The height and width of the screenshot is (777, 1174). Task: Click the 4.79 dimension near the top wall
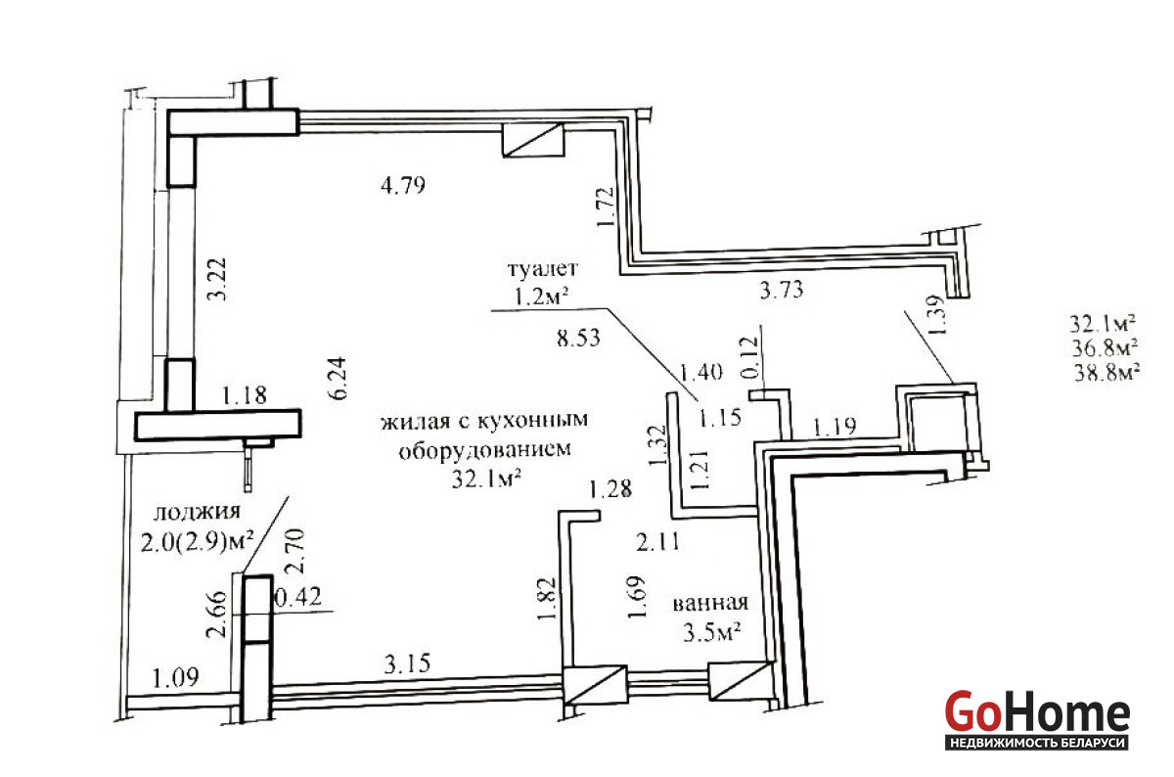click(x=403, y=186)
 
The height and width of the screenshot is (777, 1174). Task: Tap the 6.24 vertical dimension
click(x=338, y=379)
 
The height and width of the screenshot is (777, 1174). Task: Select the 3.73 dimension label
click(x=782, y=290)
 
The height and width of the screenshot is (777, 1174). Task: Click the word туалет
click(x=543, y=268)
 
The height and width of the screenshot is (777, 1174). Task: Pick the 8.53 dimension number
click(x=578, y=339)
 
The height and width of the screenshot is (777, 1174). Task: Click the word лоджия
click(x=197, y=512)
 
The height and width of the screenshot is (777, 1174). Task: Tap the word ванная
click(x=710, y=603)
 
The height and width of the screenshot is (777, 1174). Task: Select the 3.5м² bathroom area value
click(x=711, y=633)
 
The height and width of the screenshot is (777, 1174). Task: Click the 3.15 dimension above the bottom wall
click(x=407, y=664)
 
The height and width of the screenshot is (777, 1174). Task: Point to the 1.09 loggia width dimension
click(x=175, y=678)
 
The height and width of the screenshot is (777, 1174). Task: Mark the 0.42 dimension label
click(x=298, y=597)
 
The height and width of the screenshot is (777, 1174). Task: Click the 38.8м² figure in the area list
click(x=1106, y=372)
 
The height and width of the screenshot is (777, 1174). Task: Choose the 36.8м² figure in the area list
click(x=1105, y=347)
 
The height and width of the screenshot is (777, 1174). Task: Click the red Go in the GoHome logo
click(x=972, y=711)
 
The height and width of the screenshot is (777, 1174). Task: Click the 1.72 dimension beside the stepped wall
click(x=606, y=207)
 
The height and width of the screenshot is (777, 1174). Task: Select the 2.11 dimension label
click(x=657, y=542)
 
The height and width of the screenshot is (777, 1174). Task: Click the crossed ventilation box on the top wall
click(x=533, y=140)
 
